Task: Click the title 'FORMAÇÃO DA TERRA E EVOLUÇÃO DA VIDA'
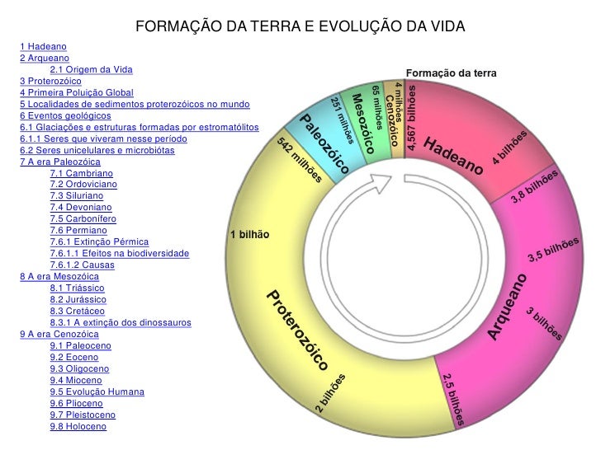(300, 27)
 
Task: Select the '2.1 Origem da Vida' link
(90, 70)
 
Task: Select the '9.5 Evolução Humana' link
(97, 391)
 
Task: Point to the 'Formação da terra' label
(452, 73)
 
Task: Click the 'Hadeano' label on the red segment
(453, 155)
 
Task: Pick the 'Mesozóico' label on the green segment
(364, 124)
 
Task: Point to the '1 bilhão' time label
(249, 235)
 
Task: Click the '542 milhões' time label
(300, 161)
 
